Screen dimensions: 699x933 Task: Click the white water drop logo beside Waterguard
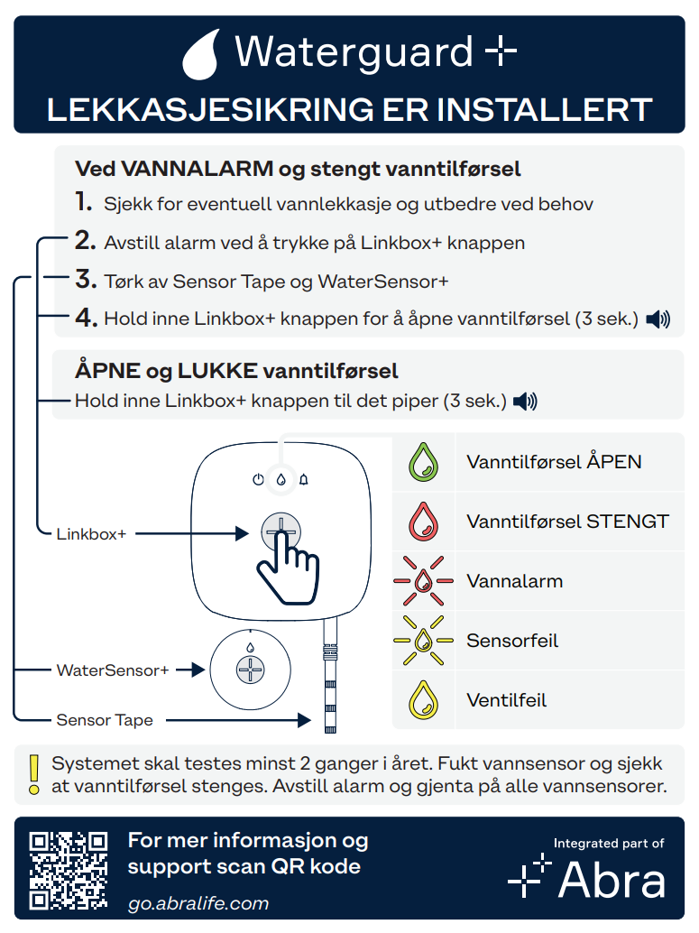pos(201,55)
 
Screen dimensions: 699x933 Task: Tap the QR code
pos(69,871)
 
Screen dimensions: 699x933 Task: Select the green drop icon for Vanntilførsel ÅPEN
pos(424,462)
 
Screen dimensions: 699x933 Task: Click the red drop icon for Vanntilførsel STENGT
pos(424,522)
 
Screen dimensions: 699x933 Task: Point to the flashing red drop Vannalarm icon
pos(424,581)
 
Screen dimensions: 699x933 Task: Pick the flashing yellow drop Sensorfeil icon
pos(424,641)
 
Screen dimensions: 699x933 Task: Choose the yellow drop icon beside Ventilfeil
pos(424,700)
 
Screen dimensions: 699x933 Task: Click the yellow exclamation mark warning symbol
pos(34,775)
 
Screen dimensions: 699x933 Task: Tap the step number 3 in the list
pos(86,279)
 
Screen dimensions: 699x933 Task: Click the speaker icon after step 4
pos(658,319)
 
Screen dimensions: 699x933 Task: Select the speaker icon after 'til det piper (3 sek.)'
pos(525,402)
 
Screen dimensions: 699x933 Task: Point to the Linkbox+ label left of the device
pos(91,534)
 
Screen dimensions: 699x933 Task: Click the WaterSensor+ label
pos(113,670)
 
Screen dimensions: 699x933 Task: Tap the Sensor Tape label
pos(105,720)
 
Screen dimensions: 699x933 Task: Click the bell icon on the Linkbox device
pos(303,480)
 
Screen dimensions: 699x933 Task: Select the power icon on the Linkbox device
pos(258,480)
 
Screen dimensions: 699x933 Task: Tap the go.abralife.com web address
pos(198,903)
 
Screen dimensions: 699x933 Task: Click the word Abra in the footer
pos(612,880)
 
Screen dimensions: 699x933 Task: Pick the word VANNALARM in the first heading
pos(198,169)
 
